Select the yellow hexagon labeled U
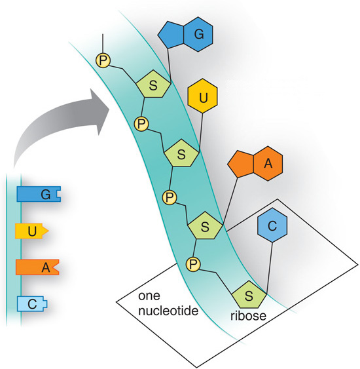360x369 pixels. [x=204, y=98]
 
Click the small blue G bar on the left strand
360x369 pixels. [x=39, y=194]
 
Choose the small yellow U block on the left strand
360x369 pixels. [x=32, y=231]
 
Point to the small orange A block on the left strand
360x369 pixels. [x=37, y=267]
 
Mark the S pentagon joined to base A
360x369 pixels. [x=206, y=226]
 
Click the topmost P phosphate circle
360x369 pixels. [x=103, y=60]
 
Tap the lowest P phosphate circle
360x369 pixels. [x=194, y=263]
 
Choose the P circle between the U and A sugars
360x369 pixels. [x=170, y=196]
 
